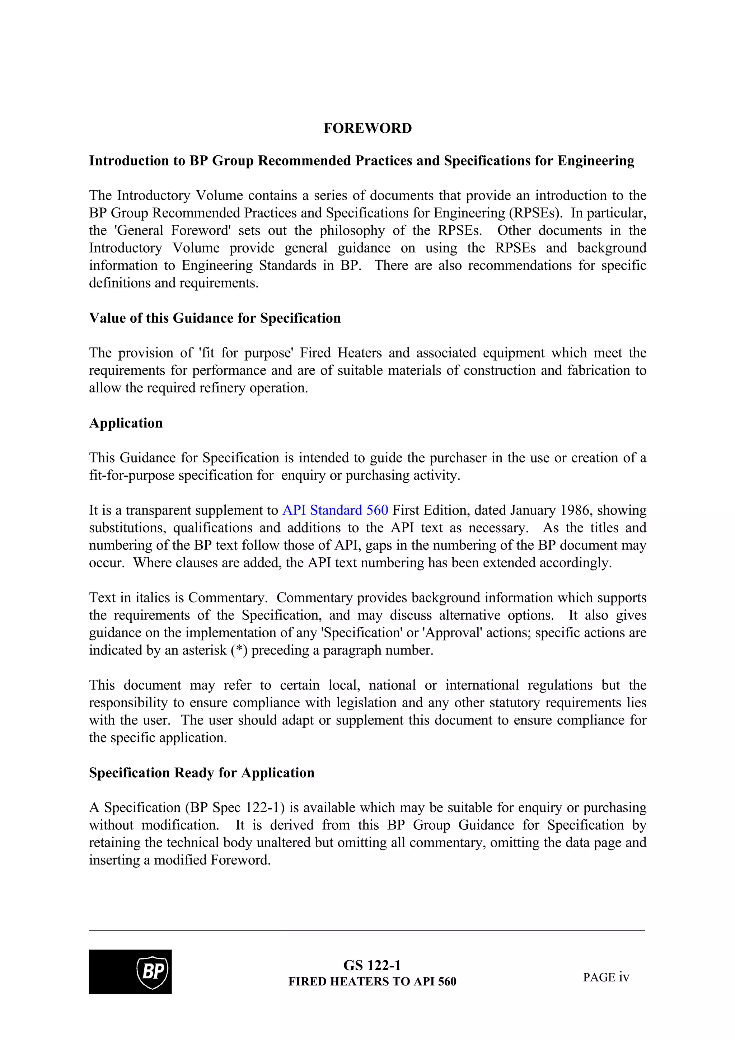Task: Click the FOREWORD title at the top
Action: pyautogui.click(x=367, y=128)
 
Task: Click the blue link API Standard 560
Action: pyautogui.click(x=335, y=510)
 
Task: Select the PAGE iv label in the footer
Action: pyautogui.click(x=606, y=978)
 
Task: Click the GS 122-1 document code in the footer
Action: pyautogui.click(x=372, y=965)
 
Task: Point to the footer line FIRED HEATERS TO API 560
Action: pyautogui.click(x=372, y=982)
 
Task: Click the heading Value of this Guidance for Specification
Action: pyautogui.click(x=215, y=318)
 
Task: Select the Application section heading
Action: pyautogui.click(x=126, y=423)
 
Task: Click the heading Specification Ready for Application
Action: pyautogui.click(x=202, y=772)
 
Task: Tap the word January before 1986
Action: pyautogui.click(x=533, y=510)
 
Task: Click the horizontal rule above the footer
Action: pyautogui.click(x=367, y=931)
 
